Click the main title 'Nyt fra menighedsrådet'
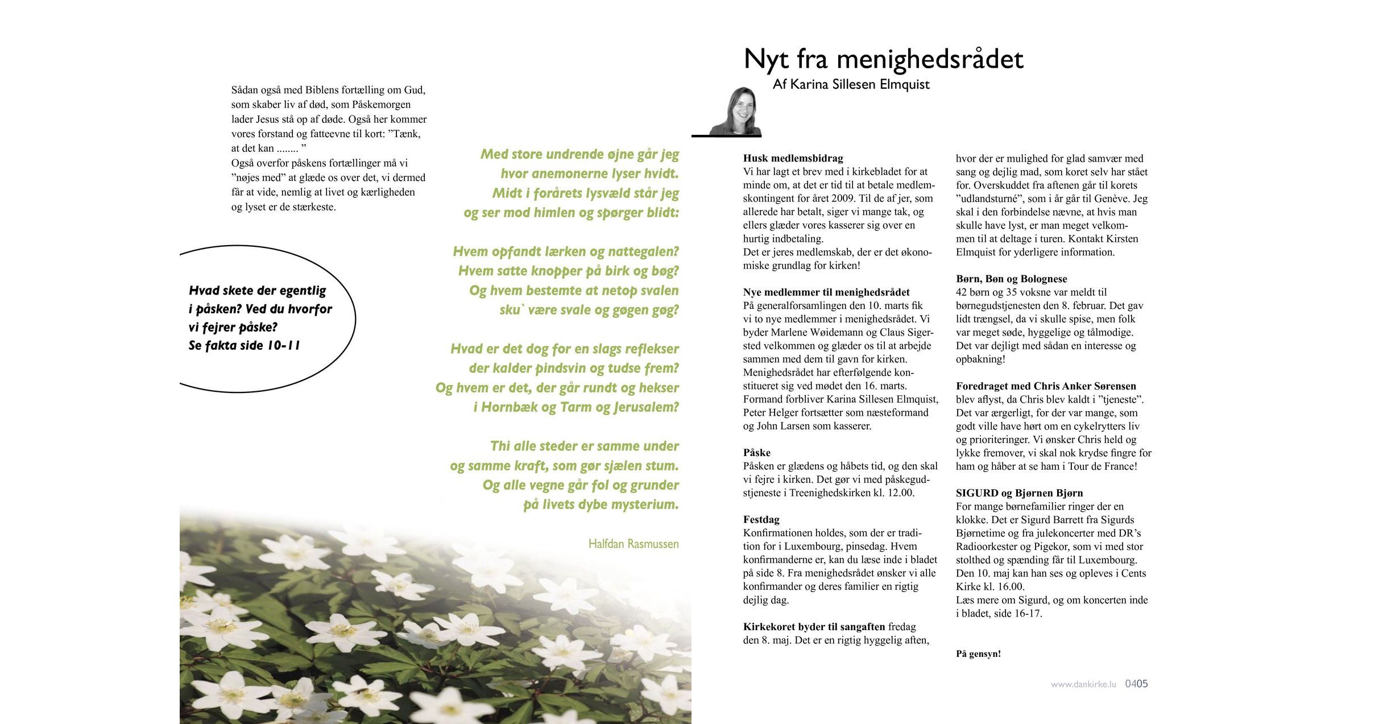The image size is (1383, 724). pyautogui.click(x=883, y=59)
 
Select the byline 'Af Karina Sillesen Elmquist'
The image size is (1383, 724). pyautogui.click(x=851, y=85)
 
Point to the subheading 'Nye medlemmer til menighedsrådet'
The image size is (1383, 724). pyautogui.click(x=826, y=292)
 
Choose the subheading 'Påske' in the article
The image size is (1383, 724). pyautogui.click(x=756, y=453)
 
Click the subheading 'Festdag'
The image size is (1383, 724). pyautogui.click(x=761, y=519)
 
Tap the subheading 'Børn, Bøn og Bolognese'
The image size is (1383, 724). pyautogui.click(x=1011, y=279)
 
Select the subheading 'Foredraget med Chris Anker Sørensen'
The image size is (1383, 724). pyautogui.click(x=1046, y=386)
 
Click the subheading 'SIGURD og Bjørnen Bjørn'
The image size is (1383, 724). pyautogui.click(x=1019, y=493)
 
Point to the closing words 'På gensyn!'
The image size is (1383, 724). pyautogui.click(x=978, y=654)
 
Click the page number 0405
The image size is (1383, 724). pyautogui.click(x=1136, y=684)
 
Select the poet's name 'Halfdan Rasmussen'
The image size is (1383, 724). pyautogui.click(x=633, y=544)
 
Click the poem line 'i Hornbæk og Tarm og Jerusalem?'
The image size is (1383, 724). pyautogui.click(x=576, y=407)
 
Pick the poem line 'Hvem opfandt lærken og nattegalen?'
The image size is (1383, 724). pyautogui.click(x=566, y=251)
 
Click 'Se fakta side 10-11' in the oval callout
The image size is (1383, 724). pyautogui.click(x=244, y=346)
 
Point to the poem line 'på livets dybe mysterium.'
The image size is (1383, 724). pyautogui.click(x=601, y=504)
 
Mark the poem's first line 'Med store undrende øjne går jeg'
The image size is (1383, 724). pyautogui.click(x=579, y=154)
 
